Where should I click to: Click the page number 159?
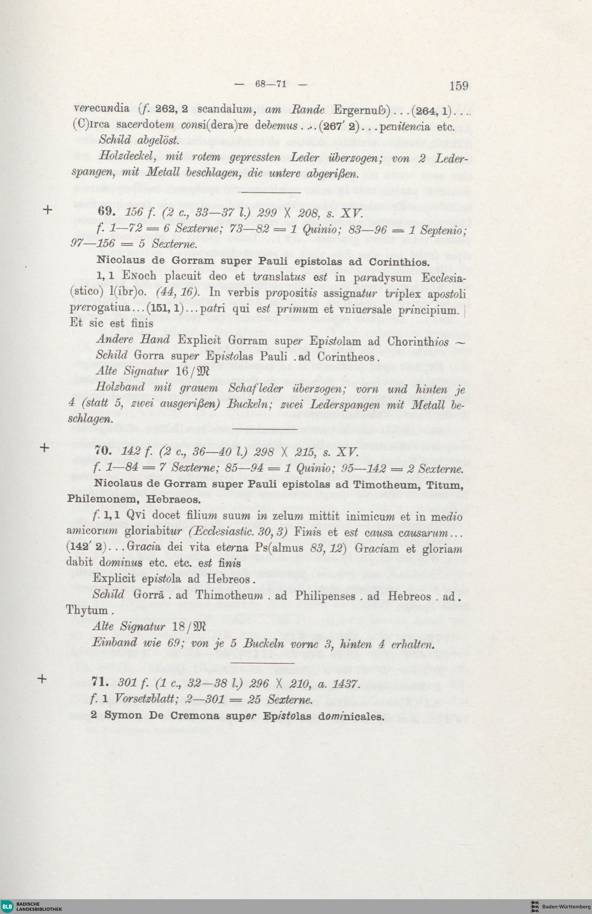click(459, 85)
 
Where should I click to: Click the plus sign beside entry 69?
click(48, 210)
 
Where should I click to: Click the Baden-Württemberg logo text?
click(566, 906)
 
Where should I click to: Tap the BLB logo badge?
click(8, 906)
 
